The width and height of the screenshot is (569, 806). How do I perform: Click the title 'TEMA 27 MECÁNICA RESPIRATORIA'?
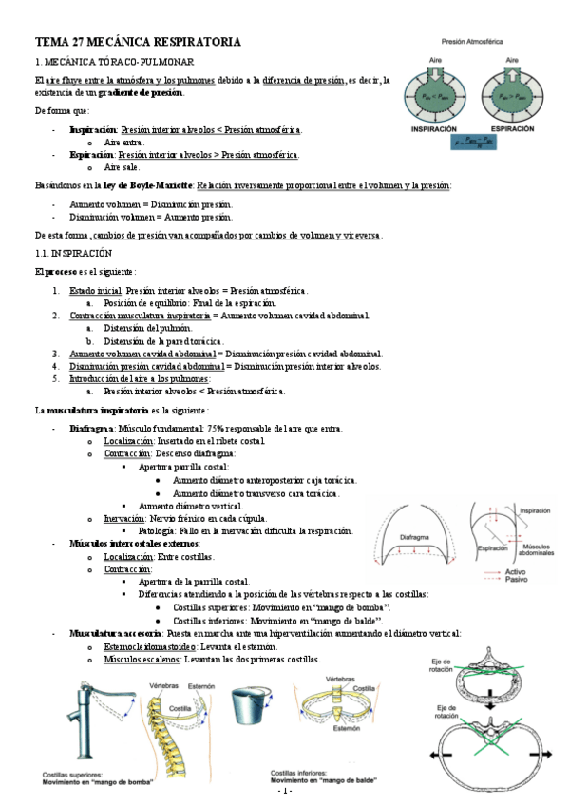tap(138, 42)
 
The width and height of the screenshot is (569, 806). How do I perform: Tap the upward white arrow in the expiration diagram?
tap(510, 67)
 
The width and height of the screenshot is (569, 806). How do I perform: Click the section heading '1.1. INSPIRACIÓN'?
tap(74, 254)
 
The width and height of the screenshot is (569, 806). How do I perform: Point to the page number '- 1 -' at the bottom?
tap(284, 792)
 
